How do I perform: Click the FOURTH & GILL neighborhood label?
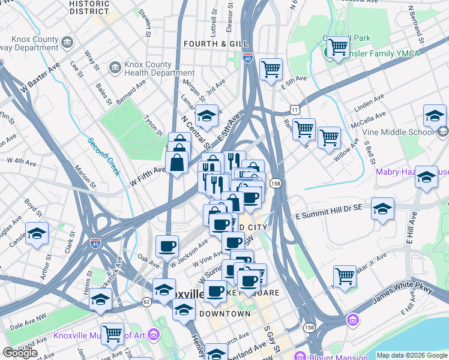tap(208, 44)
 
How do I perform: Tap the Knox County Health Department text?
tap(151, 68)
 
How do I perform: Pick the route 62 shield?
tap(146, 302)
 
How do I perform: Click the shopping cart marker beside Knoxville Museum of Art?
tap(112, 334)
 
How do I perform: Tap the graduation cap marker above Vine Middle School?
tap(435, 115)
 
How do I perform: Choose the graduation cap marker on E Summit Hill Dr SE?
tap(382, 209)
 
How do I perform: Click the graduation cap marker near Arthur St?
tap(37, 233)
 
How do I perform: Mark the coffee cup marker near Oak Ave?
tap(167, 245)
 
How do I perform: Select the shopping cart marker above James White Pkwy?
tap(345, 276)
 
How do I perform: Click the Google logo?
tap(20, 353)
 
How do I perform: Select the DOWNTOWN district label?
tap(224, 314)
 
